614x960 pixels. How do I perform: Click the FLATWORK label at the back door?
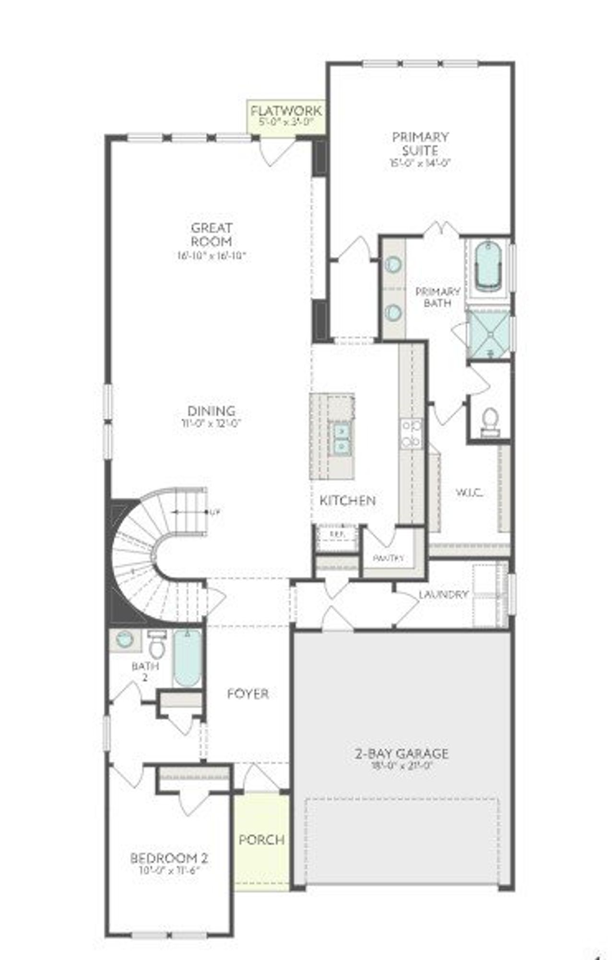tap(286, 112)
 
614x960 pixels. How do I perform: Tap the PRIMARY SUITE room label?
tap(420, 144)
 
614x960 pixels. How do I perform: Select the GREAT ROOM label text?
tap(212, 234)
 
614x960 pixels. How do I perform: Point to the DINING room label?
tap(212, 411)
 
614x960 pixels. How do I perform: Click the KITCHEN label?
tap(347, 501)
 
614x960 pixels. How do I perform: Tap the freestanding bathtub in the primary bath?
tap(487, 266)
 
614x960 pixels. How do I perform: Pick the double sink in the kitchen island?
tap(342, 439)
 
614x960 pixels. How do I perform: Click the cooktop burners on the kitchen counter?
tap(412, 433)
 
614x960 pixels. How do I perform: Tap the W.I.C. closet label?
tap(469, 492)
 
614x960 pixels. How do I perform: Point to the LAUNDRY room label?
tap(443, 595)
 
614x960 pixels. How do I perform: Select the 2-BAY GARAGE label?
tap(401, 754)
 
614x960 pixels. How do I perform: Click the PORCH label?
tap(261, 840)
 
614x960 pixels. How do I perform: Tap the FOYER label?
tap(248, 694)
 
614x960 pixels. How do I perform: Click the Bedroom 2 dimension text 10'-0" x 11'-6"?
tap(169, 871)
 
